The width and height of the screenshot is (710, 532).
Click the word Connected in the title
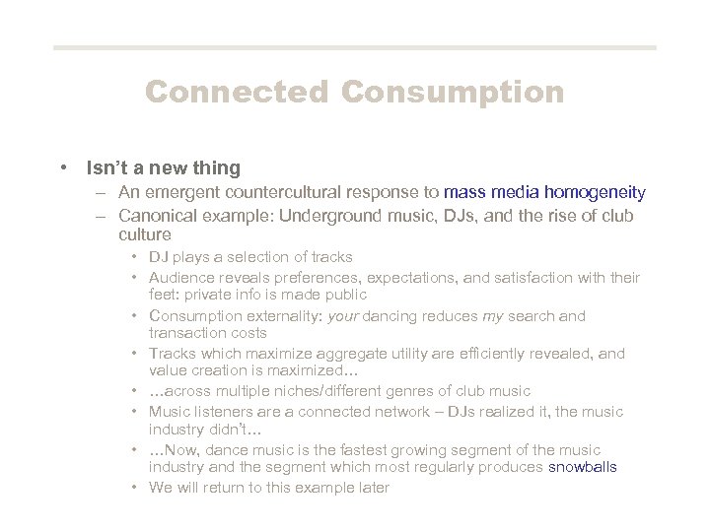[236, 93]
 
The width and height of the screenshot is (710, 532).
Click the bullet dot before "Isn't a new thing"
[63, 168]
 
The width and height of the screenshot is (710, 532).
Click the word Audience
[182, 278]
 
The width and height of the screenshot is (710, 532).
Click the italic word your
[344, 316]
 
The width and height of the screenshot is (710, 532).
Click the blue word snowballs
[583, 467]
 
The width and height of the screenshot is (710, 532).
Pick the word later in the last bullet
[373, 488]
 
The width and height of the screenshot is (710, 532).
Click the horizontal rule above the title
[354, 47]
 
